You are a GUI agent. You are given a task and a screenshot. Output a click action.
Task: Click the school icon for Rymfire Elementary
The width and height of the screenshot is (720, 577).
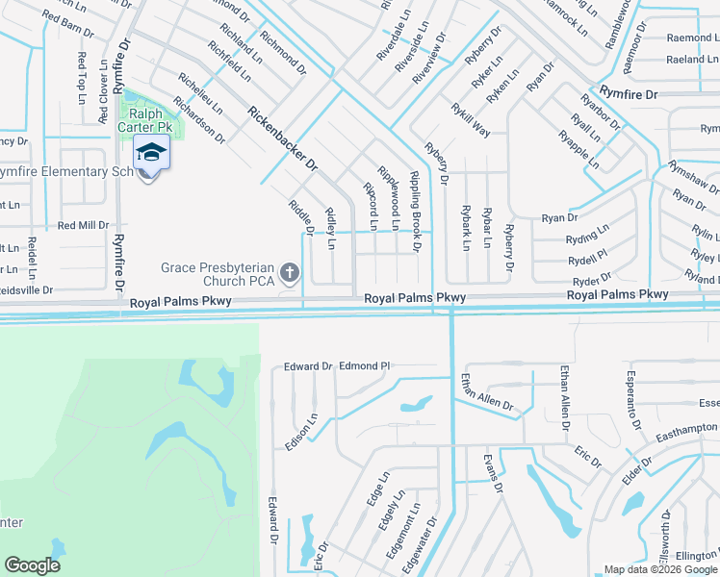click(151, 154)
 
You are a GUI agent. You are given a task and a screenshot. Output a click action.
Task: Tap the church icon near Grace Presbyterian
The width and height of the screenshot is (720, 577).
click(292, 275)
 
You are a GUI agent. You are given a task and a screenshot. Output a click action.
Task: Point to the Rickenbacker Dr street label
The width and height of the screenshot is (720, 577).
click(282, 138)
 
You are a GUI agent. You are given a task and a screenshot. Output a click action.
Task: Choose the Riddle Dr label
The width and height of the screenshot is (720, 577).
click(302, 217)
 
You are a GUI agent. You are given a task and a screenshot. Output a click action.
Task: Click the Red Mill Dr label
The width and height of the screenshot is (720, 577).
click(84, 226)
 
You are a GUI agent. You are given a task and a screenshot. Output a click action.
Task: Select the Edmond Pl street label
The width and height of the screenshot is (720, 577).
click(364, 365)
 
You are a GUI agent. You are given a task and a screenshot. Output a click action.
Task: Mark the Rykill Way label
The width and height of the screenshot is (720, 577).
click(471, 120)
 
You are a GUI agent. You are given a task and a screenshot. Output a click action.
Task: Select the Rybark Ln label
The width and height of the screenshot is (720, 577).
click(465, 228)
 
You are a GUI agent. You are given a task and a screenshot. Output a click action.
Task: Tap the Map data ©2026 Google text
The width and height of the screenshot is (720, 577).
click(659, 569)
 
